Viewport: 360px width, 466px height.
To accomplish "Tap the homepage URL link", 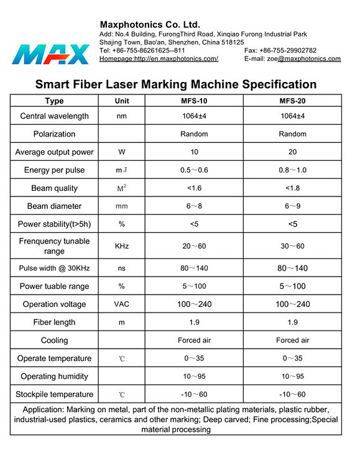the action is click(159, 59).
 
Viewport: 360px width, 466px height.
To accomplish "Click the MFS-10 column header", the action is click(194, 101).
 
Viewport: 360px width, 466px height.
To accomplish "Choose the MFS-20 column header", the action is click(292, 101).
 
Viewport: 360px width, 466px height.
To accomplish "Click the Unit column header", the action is click(122, 101).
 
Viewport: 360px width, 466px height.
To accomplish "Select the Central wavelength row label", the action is click(55, 116).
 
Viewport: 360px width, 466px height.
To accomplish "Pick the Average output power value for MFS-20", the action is click(292, 152).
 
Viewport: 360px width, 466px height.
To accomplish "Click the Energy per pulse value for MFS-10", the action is click(195, 170).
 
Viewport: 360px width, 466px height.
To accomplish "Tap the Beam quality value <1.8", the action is click(292, 188).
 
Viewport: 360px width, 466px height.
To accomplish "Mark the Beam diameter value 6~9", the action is click(292, 206).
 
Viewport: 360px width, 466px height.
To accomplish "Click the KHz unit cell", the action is click(122, 247).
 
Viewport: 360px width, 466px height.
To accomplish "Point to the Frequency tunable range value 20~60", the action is click(195, 247).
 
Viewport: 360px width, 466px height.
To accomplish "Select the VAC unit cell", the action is click(122, 304).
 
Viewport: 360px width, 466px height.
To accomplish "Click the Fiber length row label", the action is click(55, 322).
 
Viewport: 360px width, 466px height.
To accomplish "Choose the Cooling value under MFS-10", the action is click(195, 340).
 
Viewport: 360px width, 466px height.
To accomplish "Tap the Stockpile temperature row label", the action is click(55, 395).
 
